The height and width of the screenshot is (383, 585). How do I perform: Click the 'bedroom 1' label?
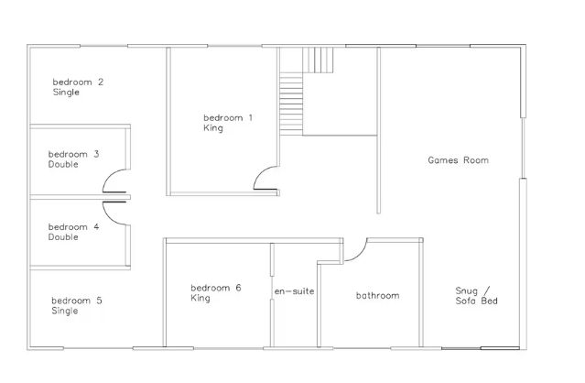228,118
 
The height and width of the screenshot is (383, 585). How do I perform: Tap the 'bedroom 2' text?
78,82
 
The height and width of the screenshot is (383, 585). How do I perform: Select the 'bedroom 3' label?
73,154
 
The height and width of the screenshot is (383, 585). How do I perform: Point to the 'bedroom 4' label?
73,227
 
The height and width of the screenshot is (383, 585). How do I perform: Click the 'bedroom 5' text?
77,301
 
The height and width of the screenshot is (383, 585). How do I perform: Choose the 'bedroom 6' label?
216,288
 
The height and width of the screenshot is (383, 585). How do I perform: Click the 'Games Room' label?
458,160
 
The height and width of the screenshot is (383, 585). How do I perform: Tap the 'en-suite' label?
294,291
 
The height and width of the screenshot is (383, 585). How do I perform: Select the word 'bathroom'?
377,296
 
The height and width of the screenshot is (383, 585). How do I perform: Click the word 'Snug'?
466,290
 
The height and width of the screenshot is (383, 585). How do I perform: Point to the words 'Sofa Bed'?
476,301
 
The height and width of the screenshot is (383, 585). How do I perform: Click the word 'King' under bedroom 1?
213,128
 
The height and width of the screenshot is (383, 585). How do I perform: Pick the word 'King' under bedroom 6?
200,298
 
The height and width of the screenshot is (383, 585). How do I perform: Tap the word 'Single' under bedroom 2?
66,93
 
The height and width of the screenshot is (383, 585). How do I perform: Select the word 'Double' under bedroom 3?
63,164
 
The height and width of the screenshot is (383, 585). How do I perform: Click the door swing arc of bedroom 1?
260,172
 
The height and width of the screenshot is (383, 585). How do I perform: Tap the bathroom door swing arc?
360,254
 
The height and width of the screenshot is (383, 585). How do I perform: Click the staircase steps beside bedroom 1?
291,104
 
